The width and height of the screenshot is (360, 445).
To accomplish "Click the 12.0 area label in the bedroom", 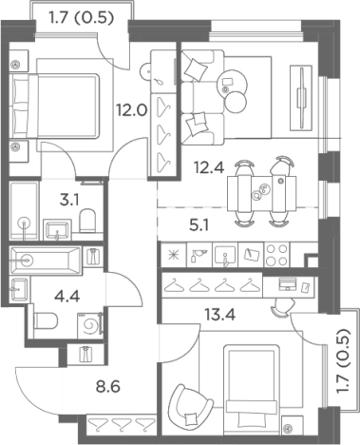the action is point(131,110).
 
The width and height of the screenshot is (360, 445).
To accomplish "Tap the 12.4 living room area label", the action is point(209,167).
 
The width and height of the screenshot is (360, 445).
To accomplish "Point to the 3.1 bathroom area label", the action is point(69,200).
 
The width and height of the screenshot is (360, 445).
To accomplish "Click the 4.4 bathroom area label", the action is point(67,297).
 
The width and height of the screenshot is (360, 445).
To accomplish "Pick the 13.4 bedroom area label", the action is point(219,315).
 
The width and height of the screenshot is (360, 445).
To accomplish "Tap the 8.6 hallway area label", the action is point(108,387).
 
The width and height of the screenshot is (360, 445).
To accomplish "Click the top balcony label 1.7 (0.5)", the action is point(81,18).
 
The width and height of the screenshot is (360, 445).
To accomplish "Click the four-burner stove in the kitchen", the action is point(277,255).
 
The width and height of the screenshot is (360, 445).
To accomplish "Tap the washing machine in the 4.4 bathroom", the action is point(90,325).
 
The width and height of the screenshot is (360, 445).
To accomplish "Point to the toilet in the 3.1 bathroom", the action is point(87,221).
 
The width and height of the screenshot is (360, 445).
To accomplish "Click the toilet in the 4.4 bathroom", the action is point(46,320).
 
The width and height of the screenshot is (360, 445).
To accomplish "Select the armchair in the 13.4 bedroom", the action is point(189,406).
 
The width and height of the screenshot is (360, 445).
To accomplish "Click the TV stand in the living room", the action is point(301,98).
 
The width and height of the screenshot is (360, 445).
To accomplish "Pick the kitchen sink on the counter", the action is point(225,255).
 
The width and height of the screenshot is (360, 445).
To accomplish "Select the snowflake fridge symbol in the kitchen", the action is point(174,255).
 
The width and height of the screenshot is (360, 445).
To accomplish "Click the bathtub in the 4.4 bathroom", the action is point(46,261).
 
